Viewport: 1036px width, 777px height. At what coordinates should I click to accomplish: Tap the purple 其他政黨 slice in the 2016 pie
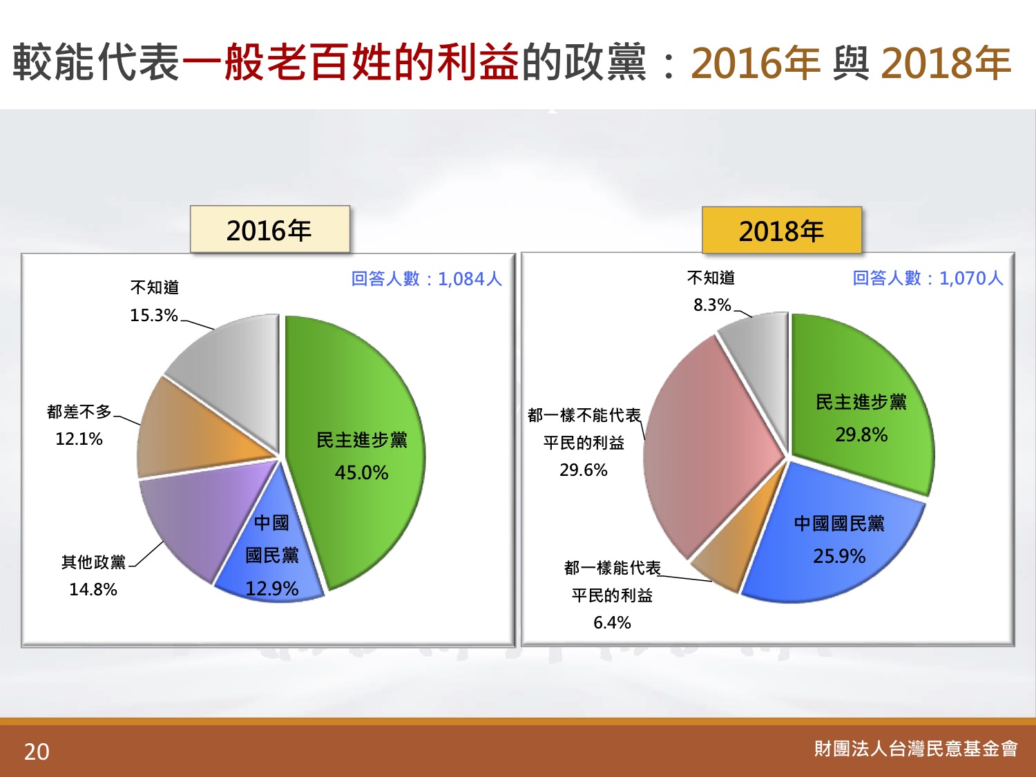click(198, 515)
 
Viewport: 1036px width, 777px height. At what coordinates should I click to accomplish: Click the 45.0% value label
click(361, 472)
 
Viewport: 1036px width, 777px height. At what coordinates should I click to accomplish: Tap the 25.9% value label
click(839, 556)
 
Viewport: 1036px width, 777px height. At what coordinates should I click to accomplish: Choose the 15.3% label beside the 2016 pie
click(154, 315)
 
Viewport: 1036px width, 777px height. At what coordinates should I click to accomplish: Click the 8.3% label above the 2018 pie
click(712, 305)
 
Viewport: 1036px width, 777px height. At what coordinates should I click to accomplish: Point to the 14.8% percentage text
click(93, 589)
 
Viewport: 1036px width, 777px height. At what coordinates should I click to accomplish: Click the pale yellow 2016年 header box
click(270, 229)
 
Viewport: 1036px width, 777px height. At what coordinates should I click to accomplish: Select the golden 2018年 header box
click(782, 230)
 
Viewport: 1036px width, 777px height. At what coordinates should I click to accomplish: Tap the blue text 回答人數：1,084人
click(427, 279)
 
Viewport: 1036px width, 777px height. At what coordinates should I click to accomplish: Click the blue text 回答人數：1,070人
click(928, 278)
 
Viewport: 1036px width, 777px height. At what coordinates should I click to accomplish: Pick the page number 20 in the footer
click(37, 752)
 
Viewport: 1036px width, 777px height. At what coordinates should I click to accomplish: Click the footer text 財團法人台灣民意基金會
click(916, 749)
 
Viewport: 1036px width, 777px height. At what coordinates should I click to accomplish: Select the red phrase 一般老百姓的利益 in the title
click(350, 61)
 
